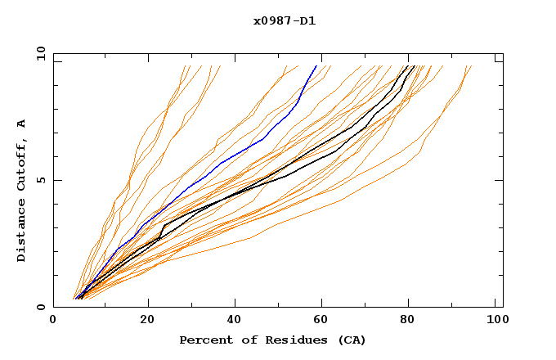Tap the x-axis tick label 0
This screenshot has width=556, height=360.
(53, 322)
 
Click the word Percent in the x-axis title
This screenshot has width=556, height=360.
(205, 340)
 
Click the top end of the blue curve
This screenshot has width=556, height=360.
(317, 65)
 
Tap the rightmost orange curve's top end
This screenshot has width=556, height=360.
(471, 65)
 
